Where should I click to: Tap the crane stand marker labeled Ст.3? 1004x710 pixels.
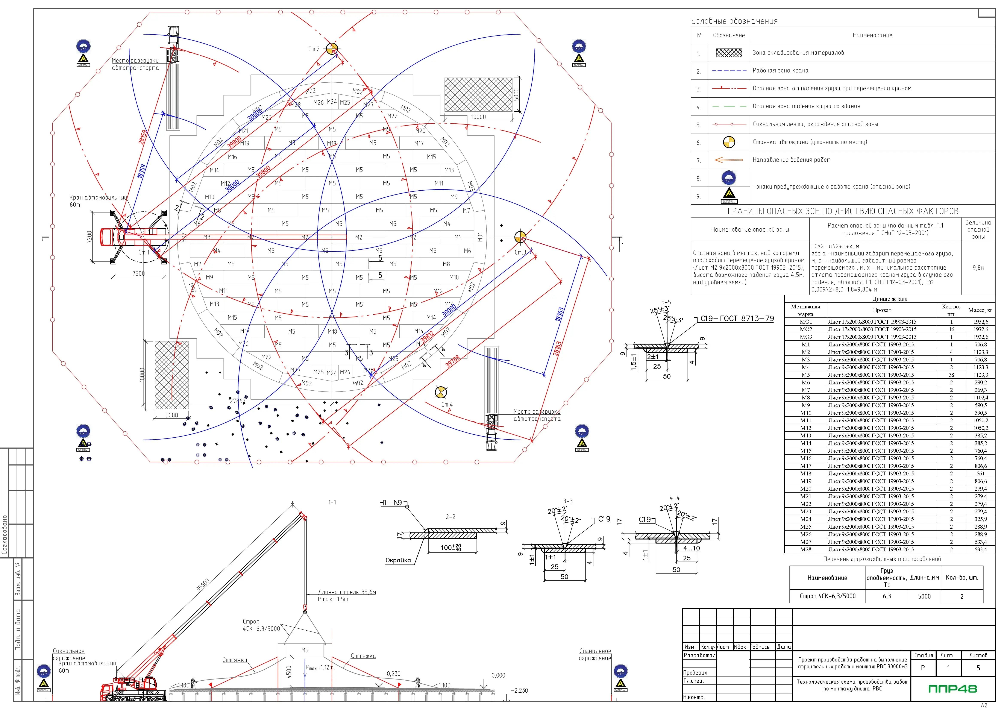click(520, 237)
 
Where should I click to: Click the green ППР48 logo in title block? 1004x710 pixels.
click(952, 689)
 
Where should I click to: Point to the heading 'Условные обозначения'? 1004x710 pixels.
click(734, 21)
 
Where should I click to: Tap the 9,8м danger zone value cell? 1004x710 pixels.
click(978, 268)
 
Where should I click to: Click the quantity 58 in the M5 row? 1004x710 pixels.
click(951, 375)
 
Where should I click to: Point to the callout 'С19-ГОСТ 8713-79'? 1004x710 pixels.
click(737, 319)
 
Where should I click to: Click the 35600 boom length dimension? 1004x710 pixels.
click(203, 585)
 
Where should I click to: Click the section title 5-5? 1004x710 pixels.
click(666, 302)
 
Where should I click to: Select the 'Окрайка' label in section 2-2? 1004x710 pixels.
click(398, 560)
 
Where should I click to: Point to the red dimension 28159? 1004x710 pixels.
click(143, 137)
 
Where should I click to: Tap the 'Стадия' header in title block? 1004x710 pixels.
click(924, 655)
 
